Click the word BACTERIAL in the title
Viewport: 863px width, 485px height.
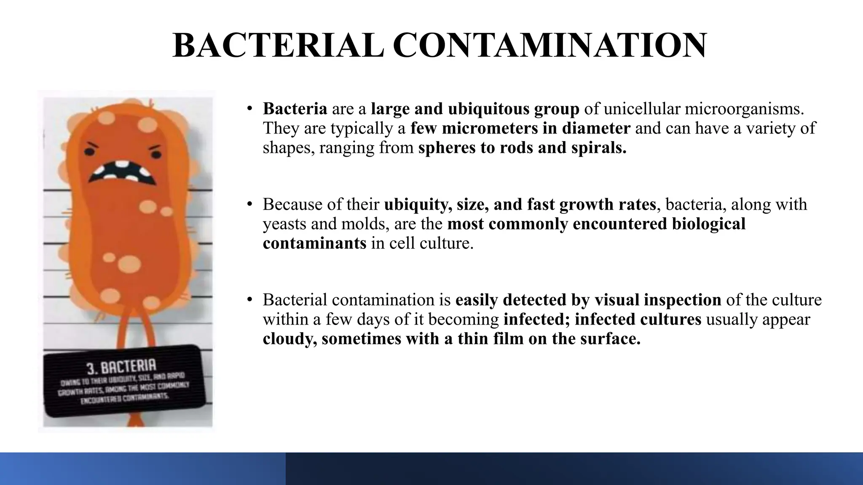point(278,45)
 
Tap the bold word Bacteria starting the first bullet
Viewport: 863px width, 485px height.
point(295,109)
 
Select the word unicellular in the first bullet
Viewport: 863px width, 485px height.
point(641,109)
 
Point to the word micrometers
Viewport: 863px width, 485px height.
point(489,128)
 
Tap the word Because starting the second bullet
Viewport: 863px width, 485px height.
point(295,205)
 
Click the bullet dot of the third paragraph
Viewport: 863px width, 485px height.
point(250,299)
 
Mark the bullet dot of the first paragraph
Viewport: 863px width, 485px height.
point(250,108)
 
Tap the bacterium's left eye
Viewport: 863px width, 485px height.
point(91,151)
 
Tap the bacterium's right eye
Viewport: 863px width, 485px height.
point(155,153)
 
